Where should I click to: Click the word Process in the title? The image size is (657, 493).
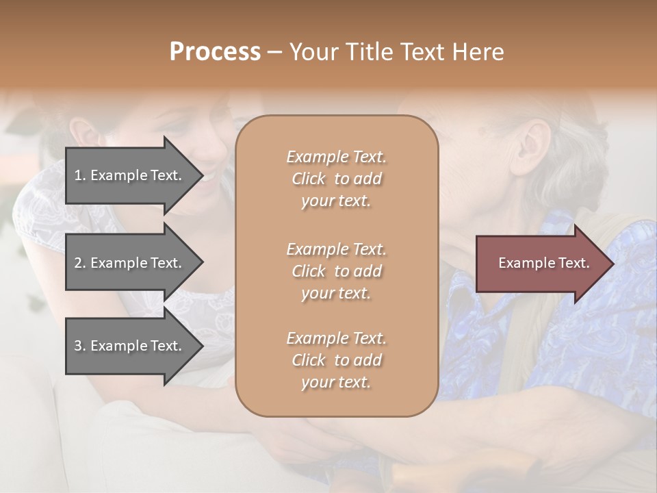(x=215, y=52)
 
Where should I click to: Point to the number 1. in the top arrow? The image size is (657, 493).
(x=80, y=175)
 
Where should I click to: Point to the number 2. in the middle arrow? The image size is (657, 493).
(x=80, y=263)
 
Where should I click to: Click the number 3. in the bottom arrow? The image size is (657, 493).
(x=80, y=346)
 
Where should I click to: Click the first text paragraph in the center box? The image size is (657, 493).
(x=336, y=179)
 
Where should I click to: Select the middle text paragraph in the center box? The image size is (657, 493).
(x=336, y=271)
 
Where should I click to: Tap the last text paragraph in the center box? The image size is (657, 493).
(x=336, y=360)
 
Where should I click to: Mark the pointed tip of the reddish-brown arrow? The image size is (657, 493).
(x=613, y=264)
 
